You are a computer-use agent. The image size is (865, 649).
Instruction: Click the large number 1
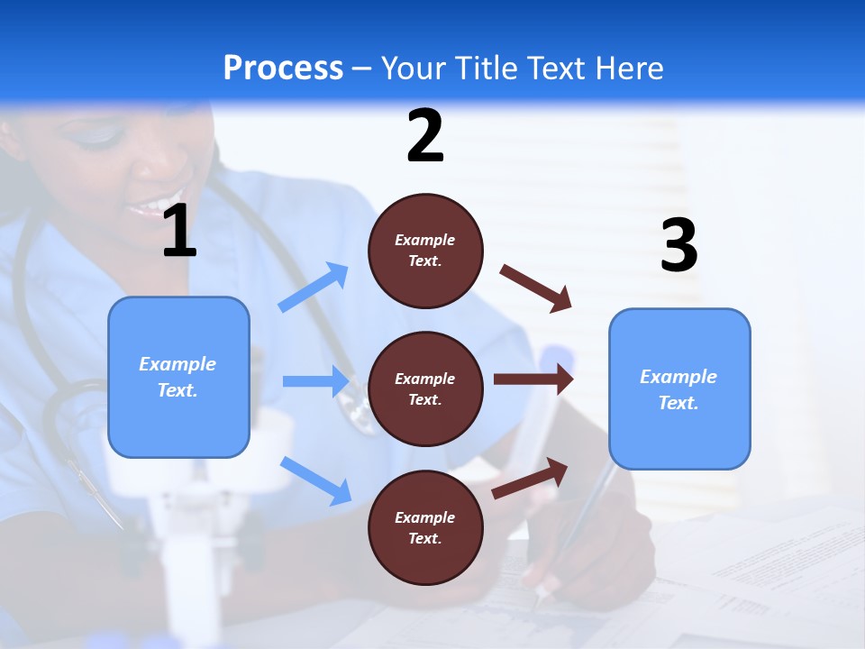click(x=179, y=232)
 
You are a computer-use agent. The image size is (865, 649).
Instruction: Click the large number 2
click(x=425, y=136)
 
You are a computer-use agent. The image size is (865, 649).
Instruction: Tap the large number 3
click(x=678, y=245)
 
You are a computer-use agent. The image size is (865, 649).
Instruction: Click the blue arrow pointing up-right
click(x=314, y=288)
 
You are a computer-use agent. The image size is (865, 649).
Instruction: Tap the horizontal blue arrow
click(x=316, y=381)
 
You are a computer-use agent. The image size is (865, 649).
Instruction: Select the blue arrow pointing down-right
click(x=316, y=480)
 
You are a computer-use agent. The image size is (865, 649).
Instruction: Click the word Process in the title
click(x=283, y=68)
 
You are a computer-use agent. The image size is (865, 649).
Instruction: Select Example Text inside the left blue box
click(x=178, y=377)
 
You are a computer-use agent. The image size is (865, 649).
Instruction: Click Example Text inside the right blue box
click(x=678, y=389)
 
